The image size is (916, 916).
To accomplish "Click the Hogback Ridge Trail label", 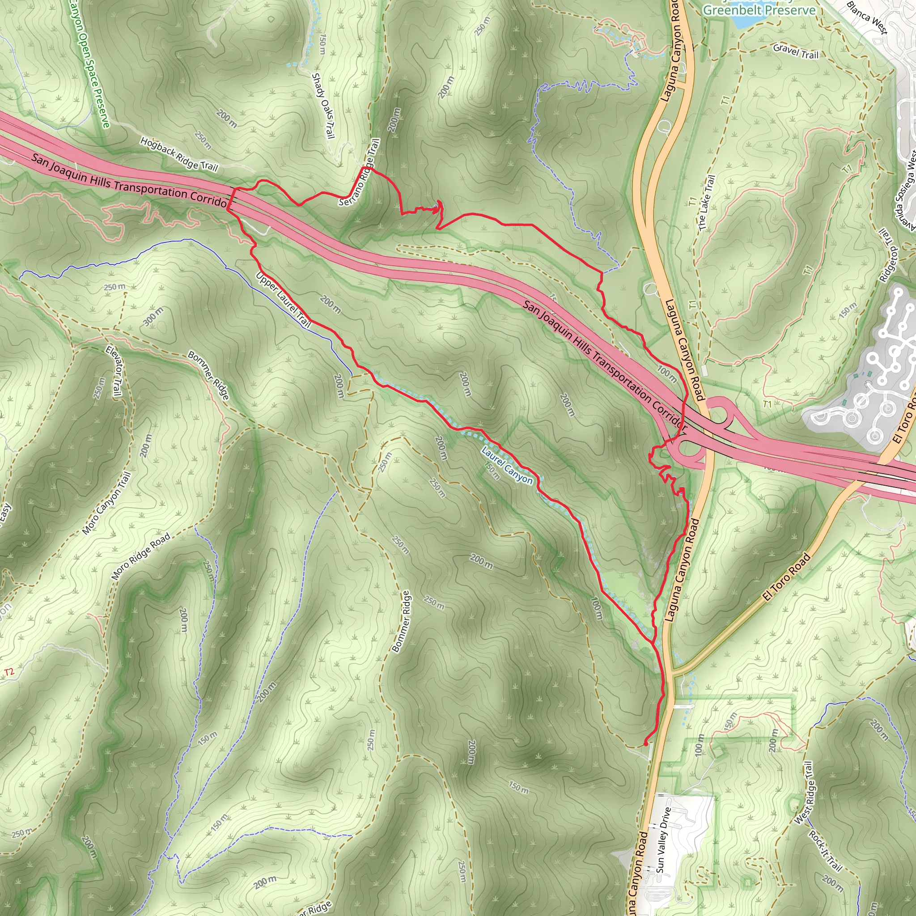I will coord(179,155).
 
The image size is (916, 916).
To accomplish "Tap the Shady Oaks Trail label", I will coord(323,106).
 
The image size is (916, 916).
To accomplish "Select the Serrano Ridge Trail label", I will coord(360,172).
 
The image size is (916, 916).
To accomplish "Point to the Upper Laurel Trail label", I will coord(283,300).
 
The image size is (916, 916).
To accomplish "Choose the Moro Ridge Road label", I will coord(141,556).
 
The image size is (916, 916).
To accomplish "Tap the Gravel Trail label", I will coord(796,51).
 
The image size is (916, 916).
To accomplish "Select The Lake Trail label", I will coord(706,203).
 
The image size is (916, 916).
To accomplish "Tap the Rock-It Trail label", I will coord(825,852).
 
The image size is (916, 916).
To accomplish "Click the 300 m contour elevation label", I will coord(153,316).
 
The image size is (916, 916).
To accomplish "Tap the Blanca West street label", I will coord(866,18).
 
